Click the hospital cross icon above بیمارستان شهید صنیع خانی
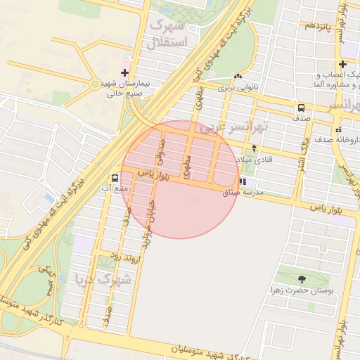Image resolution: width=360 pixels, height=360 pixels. coord(125,72)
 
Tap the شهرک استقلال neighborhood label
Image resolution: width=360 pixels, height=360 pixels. coord(167,34)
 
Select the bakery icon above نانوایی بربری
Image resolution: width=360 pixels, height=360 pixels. coord(238,77)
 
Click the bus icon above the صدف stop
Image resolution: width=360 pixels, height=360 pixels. coord(301,108)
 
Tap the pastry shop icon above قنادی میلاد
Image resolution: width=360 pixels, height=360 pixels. coord(255,148)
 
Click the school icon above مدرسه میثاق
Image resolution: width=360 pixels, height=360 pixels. coord(243,181)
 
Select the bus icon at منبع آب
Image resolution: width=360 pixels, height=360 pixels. coord(115,178)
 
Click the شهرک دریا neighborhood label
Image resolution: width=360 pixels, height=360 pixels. coord(104,279)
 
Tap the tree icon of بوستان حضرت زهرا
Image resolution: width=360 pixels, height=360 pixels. coord(302,279)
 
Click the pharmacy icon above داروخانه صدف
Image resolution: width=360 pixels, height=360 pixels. coord(338,129)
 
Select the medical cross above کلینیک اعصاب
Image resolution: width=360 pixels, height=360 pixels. coord(342,65)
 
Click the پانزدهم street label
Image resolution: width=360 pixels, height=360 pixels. coord(316,26)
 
